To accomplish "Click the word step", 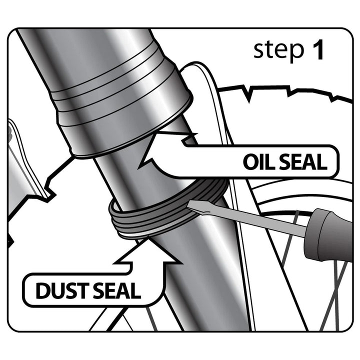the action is pyautogui.click(x=278, y=50).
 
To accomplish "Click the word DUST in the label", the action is pyautogui.click(x=62, y=290).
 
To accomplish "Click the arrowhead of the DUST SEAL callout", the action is pyautogui.click(x=148, y=250).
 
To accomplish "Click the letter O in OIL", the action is pyautogui.click(x=250, y=162).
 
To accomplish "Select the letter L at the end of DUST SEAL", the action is pyautogui.click(x=136, y=291).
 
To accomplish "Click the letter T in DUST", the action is pyautogui.click(x=83, y=291).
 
